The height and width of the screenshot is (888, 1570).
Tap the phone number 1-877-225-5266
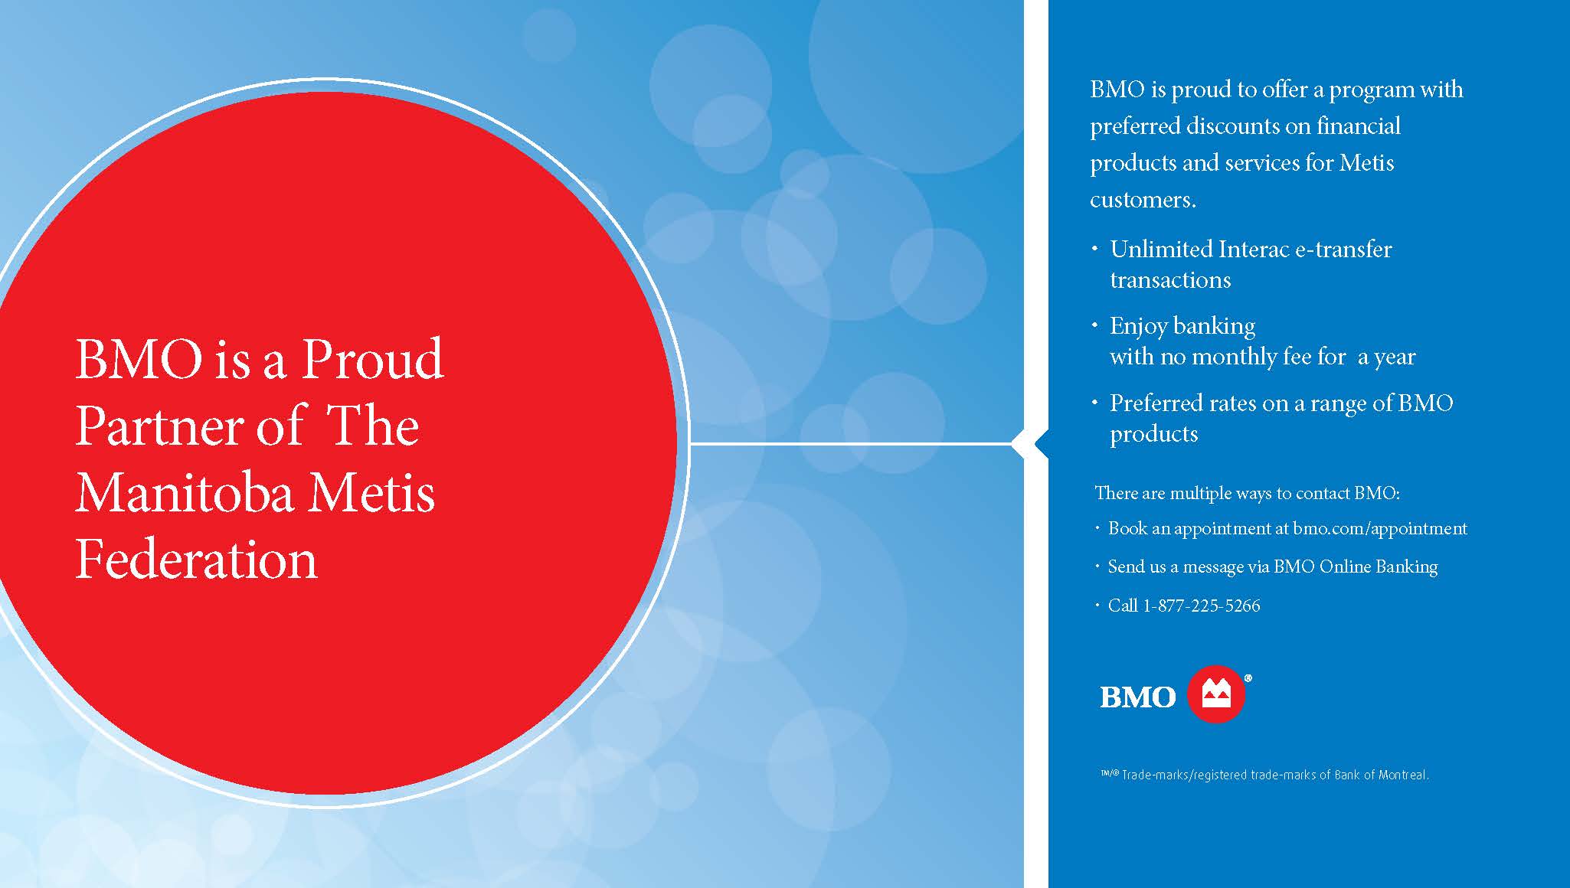(1201, 606)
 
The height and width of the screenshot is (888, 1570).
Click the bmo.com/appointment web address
(1380, 529)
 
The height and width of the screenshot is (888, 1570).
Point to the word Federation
(196, 560)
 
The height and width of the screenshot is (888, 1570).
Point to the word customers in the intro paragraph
(1143, 200)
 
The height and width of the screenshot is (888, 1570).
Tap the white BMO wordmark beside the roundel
(1137, 697)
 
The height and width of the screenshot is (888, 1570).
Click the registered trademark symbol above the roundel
(1248, 677)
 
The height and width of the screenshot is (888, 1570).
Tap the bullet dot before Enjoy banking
(1094, 325)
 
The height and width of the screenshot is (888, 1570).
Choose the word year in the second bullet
(1395, 357)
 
